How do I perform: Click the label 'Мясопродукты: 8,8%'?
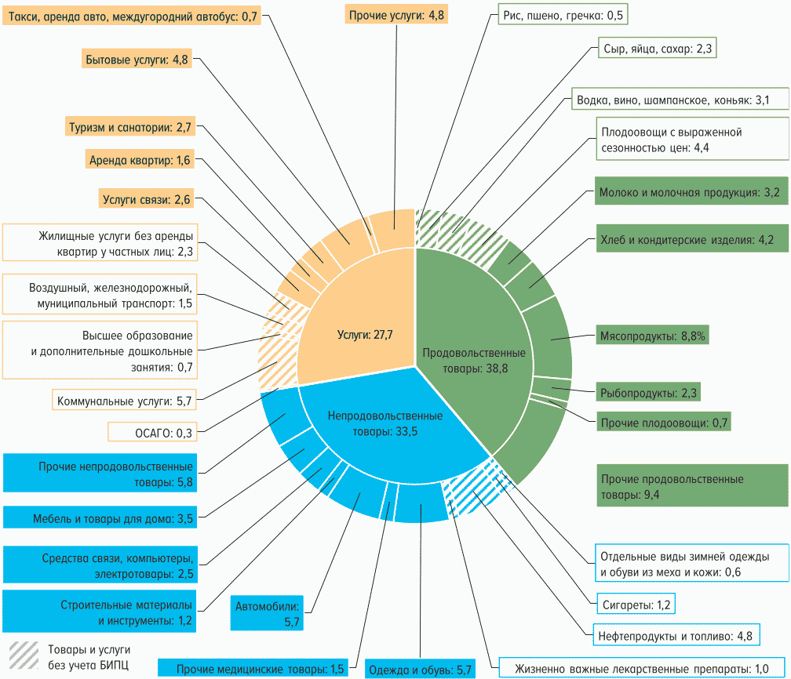pos(651,336)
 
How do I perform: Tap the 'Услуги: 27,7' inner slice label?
pos(364,335)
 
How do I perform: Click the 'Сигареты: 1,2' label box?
pos(632,605)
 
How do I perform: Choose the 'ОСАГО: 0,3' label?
pos(151,432)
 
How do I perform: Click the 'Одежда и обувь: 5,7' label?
pos(421,669)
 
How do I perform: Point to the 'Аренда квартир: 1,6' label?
pos(140,160)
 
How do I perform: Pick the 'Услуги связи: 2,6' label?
pos(146,200)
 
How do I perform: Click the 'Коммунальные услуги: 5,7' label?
pos(124,401)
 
